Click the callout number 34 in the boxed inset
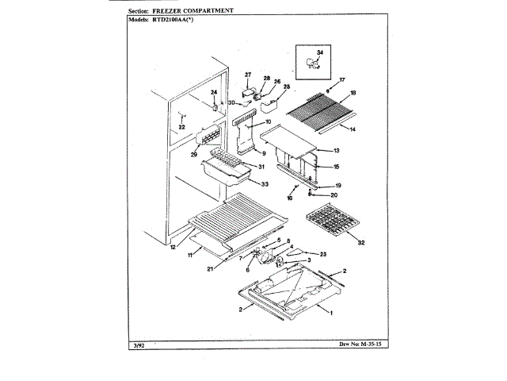coord(320,52)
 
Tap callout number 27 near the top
coord(247,75)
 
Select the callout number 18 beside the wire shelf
coord(353,93)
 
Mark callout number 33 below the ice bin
coord(264,183)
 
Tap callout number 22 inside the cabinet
coord(181,127)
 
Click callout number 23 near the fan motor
coord(323,253)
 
